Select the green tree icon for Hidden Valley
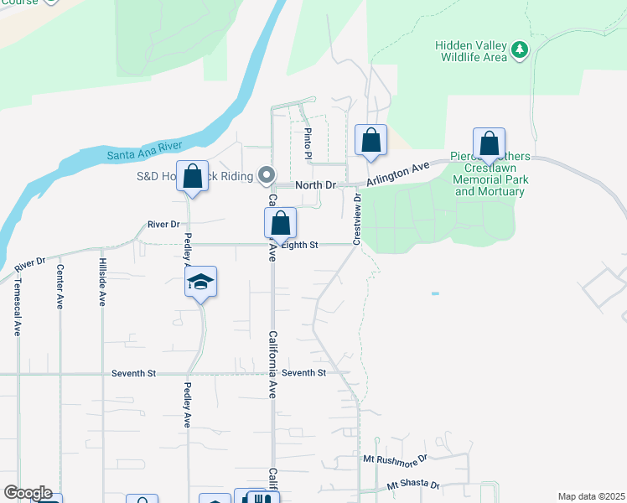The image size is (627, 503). [521, 50]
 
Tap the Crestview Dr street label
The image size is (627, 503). [357, 220]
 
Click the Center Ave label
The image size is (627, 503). [60, 287]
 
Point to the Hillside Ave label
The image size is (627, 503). [102, 283]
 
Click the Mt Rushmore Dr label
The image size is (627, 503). [395, 459]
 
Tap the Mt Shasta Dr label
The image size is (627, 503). [413, 485]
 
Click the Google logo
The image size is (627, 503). [27, 493]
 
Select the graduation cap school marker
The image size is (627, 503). [201, 282]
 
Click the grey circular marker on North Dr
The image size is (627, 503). [267, 176]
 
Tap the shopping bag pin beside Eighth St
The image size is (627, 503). [280, 223]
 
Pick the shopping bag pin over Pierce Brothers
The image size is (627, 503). [489, 143]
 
